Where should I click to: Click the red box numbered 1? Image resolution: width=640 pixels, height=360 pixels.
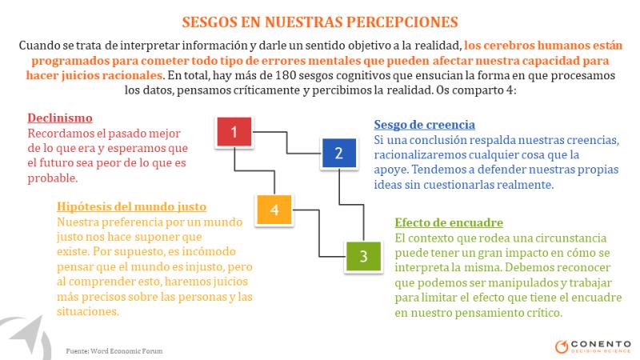coord(234,131)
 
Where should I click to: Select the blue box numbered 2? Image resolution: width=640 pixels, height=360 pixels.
coord(338,153)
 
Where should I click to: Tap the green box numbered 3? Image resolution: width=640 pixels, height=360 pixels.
coord(363,256)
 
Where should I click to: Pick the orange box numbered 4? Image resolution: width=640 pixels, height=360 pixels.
coord(274,210)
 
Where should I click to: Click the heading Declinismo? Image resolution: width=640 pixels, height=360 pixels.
coord(60,118)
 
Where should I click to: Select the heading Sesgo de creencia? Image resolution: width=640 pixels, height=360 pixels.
coord(425,125)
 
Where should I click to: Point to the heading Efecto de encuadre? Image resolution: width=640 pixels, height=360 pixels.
coord(449,222)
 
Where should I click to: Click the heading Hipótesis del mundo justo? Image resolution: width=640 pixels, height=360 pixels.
coord(131,206)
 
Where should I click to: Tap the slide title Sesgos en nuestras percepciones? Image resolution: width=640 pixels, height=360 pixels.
coord(320,22)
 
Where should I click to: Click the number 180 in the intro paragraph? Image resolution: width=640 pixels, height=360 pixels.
coord(286,75)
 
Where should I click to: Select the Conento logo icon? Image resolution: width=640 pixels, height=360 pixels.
coord(562,346)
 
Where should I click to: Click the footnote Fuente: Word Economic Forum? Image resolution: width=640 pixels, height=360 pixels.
coord(114,350)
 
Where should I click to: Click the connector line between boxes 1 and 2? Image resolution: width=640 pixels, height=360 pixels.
coord(286,142)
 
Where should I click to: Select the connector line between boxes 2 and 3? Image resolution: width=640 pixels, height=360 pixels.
coord(351,204)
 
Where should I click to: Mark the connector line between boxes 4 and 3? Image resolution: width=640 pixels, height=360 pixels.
coord(318,233)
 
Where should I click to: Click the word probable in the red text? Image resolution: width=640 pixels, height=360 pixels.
coord(52,178)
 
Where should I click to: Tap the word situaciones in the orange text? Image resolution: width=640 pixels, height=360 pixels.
coord(88,311)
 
